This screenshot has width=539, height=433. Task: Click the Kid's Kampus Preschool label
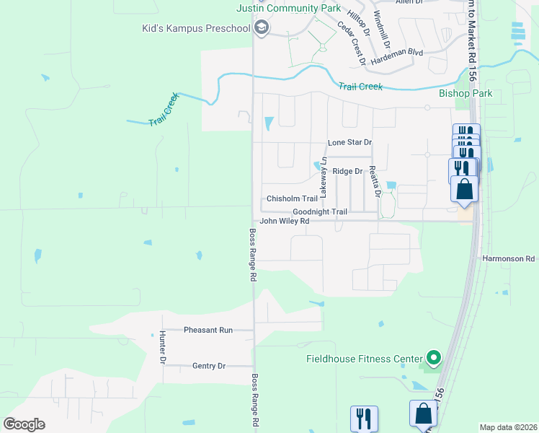196,29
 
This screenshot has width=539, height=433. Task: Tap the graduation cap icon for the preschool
261,29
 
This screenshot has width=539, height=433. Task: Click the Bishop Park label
465,93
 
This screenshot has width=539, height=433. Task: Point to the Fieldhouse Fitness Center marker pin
433,357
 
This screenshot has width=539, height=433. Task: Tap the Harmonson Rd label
509,258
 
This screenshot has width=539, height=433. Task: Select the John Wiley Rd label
284,222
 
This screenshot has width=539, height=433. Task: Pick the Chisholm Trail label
292,198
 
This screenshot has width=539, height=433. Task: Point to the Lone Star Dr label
349,143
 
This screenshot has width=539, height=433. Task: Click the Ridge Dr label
347,171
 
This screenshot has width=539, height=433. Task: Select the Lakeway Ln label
324,178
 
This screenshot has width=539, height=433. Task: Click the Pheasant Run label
208,330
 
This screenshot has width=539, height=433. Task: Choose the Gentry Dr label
209,366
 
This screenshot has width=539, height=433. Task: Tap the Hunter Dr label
163,347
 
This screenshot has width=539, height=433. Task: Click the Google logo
24,424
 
